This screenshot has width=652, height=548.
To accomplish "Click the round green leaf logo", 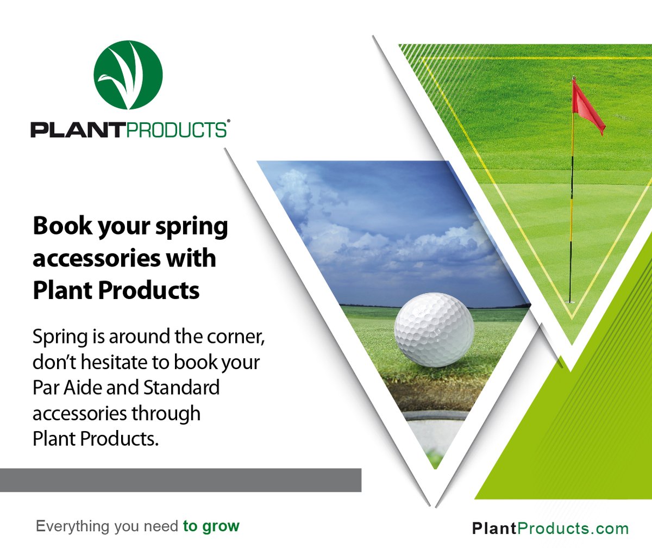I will [128, 74].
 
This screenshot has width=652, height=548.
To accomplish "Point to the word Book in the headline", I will [59, 226].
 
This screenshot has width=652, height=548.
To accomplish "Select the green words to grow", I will [211, 526].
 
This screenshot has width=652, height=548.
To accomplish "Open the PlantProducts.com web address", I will [550, 528].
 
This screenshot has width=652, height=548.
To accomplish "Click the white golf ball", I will [434, 328].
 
